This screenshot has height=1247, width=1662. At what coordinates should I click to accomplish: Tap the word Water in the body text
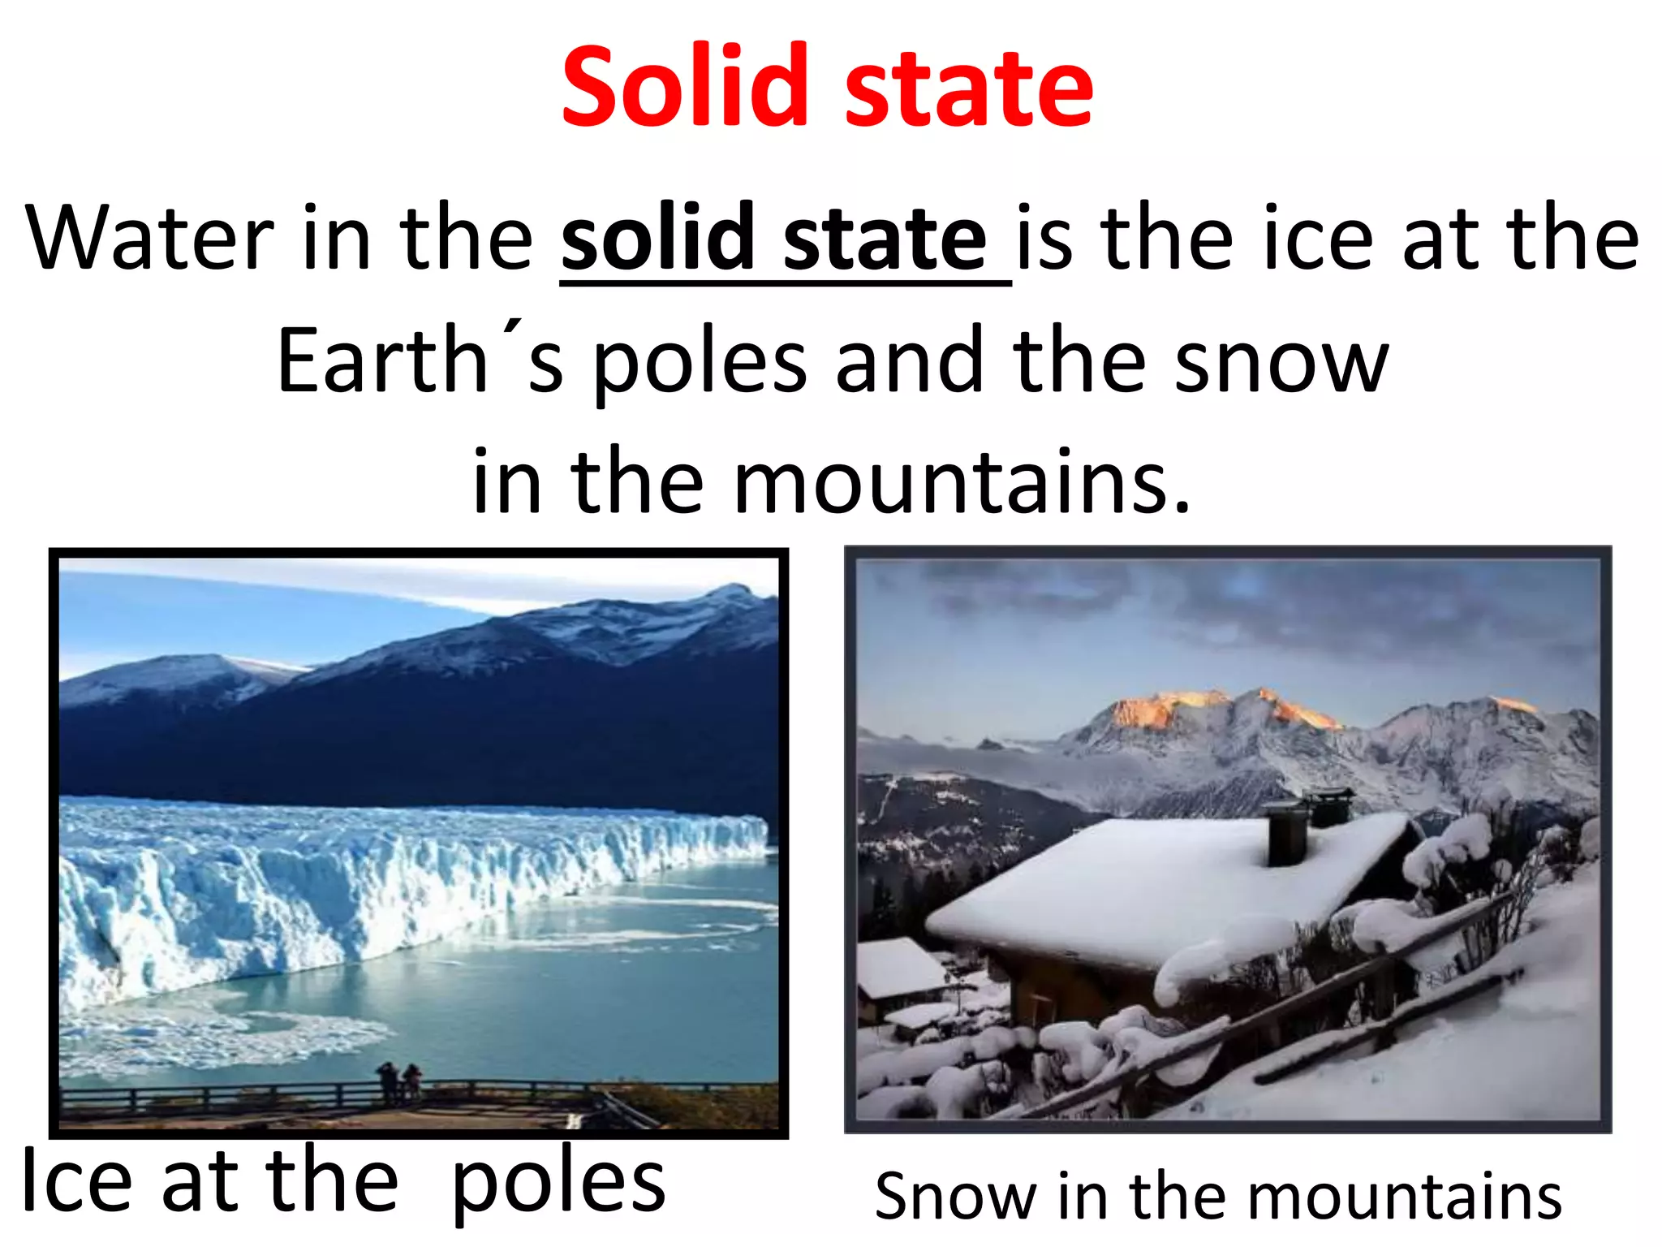pos(149,238)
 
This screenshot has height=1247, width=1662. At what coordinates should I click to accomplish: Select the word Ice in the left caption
pos(76,1181)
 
